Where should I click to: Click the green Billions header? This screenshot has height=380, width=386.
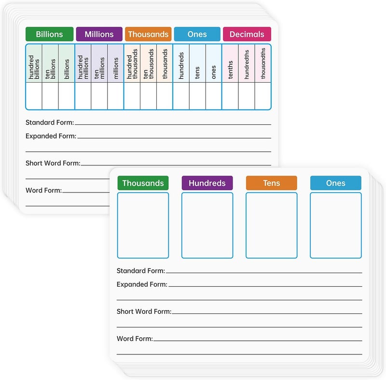(50, 34)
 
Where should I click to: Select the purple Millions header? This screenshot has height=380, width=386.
(99, 34)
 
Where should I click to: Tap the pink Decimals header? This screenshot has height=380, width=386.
(247, 34)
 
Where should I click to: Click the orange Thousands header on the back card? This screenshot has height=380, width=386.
(148, 34)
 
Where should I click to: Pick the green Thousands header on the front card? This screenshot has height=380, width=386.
(143, 183)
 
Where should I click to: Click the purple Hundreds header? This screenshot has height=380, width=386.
(207, 183)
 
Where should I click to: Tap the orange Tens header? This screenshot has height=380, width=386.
(272, 183)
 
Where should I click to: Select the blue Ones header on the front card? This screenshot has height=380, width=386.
(336, 183)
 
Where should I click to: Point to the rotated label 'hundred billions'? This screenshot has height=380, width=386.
(34, 67)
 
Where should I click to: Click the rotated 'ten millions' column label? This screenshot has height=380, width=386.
(99, 68)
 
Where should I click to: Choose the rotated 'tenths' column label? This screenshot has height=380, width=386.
(230, 70)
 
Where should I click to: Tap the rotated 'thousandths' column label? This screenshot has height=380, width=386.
(263, 63)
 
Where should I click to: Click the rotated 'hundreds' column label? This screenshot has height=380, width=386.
(181, 66)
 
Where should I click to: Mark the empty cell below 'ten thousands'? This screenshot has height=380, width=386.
(149, 96)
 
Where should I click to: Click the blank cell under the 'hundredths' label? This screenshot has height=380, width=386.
(247, 96)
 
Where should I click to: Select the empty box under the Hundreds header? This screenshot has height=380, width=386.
(207, 225)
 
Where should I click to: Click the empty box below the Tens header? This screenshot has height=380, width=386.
(272, 225)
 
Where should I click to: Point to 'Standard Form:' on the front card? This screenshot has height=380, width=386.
(141, 271)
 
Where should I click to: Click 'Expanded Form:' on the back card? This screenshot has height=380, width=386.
(51, 136)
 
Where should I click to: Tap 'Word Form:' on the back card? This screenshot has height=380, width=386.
(44, 190)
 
